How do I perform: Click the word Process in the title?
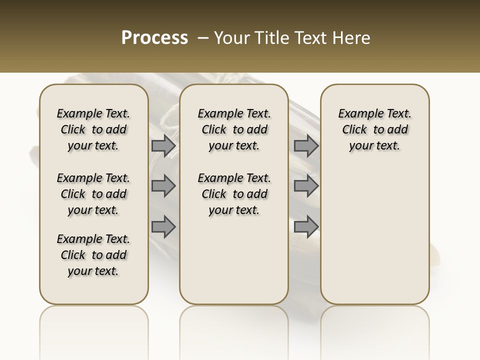pyautogui.click(x=154, y=37)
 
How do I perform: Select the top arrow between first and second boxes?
pyautogui.click(x=163, y=146)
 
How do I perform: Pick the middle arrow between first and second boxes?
pyautogui.click(x=163, y=186)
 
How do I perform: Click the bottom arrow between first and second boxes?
pyautogui.click(x=163, y=227)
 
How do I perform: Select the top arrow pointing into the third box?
pyautogui.click(x=306, y=146)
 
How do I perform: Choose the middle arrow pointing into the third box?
pyautogui.click(x=306, y=186)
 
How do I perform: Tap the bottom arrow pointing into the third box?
pyautogui.click(x=306, y=227)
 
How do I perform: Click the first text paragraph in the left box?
pyautogui.click(x=93, y=129)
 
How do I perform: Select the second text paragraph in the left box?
pyautogui.click(x=93, y=194)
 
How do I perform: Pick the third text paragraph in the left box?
pyautogui.click(x=93, y=255)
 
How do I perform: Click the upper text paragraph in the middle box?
pyautogui.click(x=234, y=129)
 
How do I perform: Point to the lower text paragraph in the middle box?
pyautogui.click(x=234, y=194)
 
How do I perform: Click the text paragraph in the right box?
pyautogui.click(x=374, y=129)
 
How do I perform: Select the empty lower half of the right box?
pyautogui.click(x=374, y=235)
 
